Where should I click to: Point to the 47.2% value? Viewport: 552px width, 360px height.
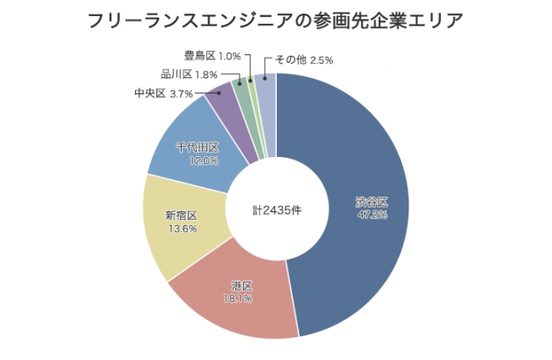372,215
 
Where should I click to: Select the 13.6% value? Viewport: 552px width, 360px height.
181,228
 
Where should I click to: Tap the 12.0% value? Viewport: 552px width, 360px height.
197,160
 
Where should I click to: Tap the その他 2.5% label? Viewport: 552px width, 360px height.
298,60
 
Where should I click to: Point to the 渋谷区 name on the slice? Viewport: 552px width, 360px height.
372,202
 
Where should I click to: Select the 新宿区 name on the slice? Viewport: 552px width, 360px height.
181,216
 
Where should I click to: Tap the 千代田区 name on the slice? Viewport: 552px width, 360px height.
197,147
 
